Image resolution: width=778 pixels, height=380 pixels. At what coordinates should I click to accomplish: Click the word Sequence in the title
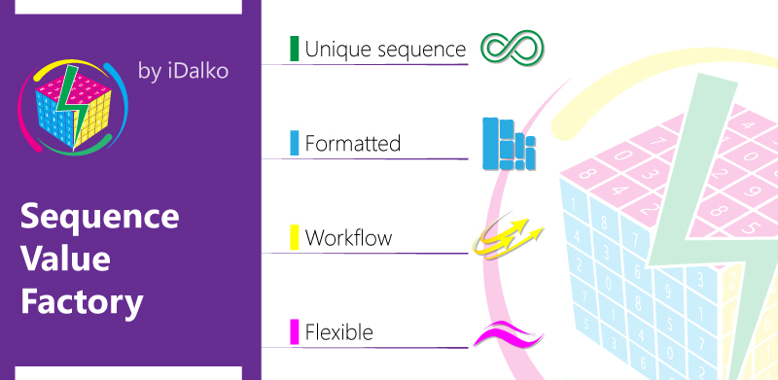pyautogui.click(x=99, y=216)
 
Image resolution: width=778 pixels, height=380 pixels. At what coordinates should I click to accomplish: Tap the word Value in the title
pyautogui.click(x=65, y=259)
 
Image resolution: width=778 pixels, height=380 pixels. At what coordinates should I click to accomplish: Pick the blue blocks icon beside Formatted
pyautogui.click(x=510, y=143)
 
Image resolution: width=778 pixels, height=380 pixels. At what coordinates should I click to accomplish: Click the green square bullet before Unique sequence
pyautogui.click(x=294, y=49)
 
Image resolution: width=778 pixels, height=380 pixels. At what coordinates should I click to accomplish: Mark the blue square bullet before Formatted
pyautogui.click(x=294, y=143)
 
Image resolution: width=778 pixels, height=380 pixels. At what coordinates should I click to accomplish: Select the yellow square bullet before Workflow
pyautogui.click(x=294, y=237)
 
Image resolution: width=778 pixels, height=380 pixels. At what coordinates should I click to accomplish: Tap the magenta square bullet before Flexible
pyautogui.click(x=294, y=331)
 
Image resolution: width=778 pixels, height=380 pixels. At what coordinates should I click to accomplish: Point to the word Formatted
pyautogui.click(x=352, y=144)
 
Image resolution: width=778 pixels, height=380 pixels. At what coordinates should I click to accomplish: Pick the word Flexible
pyautogui.click(x=338, y=332)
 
